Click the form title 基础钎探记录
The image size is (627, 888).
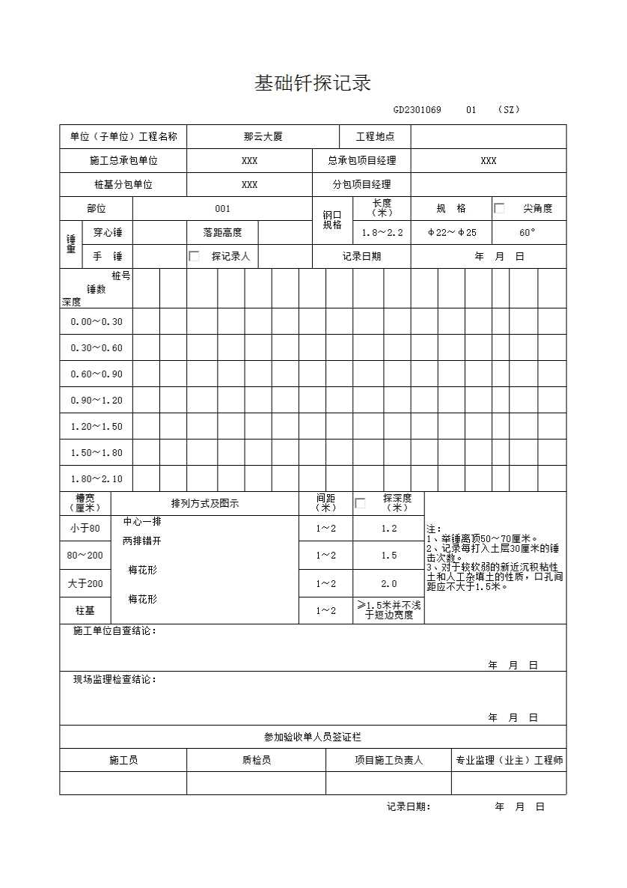(x=313, y=83)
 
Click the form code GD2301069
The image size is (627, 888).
(x=417, y=110)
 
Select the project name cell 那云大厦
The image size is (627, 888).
(x=263, y=137)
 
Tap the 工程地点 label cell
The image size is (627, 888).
(x=374, y=137)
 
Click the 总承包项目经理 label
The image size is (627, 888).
(x=361, y=161)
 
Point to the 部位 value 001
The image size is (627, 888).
(x=222, y=209)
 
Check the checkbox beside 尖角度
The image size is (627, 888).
(x=499, y=209)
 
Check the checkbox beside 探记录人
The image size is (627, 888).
(x=195, y=256)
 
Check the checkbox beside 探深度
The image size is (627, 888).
(x=360, y=503)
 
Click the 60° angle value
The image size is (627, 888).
(x=527, y=233)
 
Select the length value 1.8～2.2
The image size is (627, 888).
(x=382, y=233)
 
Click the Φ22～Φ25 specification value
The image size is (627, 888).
(x=452, y=233)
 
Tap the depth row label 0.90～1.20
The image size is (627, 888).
(x=97, y=401)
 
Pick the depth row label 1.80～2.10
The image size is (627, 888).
(x=97, y=479)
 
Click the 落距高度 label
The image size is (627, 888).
(x=222, y=233)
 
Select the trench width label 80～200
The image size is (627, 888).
(x=85, y=556)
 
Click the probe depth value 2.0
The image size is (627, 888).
(x=388, y=584)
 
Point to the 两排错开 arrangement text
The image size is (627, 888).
(x=141, y=541)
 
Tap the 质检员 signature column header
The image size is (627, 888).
(x=256, y=761)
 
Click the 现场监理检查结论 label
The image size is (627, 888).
(x=114, y=680)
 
